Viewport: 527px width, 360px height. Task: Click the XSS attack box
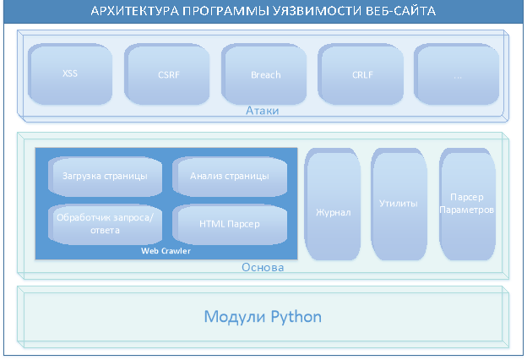(70, 74)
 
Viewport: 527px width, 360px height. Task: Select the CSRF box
(167, 74)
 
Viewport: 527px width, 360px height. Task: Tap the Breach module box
(263, 74)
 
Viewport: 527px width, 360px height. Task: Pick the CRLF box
(361, 74)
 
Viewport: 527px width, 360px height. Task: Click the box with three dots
(456, 74)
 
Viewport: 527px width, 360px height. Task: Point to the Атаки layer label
(262, 111)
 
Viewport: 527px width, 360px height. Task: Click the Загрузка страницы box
(106, 177)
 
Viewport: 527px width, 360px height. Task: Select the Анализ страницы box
(230, 177)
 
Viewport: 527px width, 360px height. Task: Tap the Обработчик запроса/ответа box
(106, 224)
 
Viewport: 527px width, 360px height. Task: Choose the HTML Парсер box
(230, 224)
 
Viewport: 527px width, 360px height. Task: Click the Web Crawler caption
(166, 251)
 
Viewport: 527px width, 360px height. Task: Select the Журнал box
(333, 205)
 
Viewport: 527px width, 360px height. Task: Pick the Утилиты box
(399, 205)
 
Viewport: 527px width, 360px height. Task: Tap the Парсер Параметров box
(467, 205)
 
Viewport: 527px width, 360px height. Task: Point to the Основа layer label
(263, 268)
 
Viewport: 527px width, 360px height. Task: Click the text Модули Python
(263, 317)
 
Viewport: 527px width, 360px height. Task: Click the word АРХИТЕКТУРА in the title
(135, 11)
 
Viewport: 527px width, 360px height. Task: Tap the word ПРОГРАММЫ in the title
(225, 11)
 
